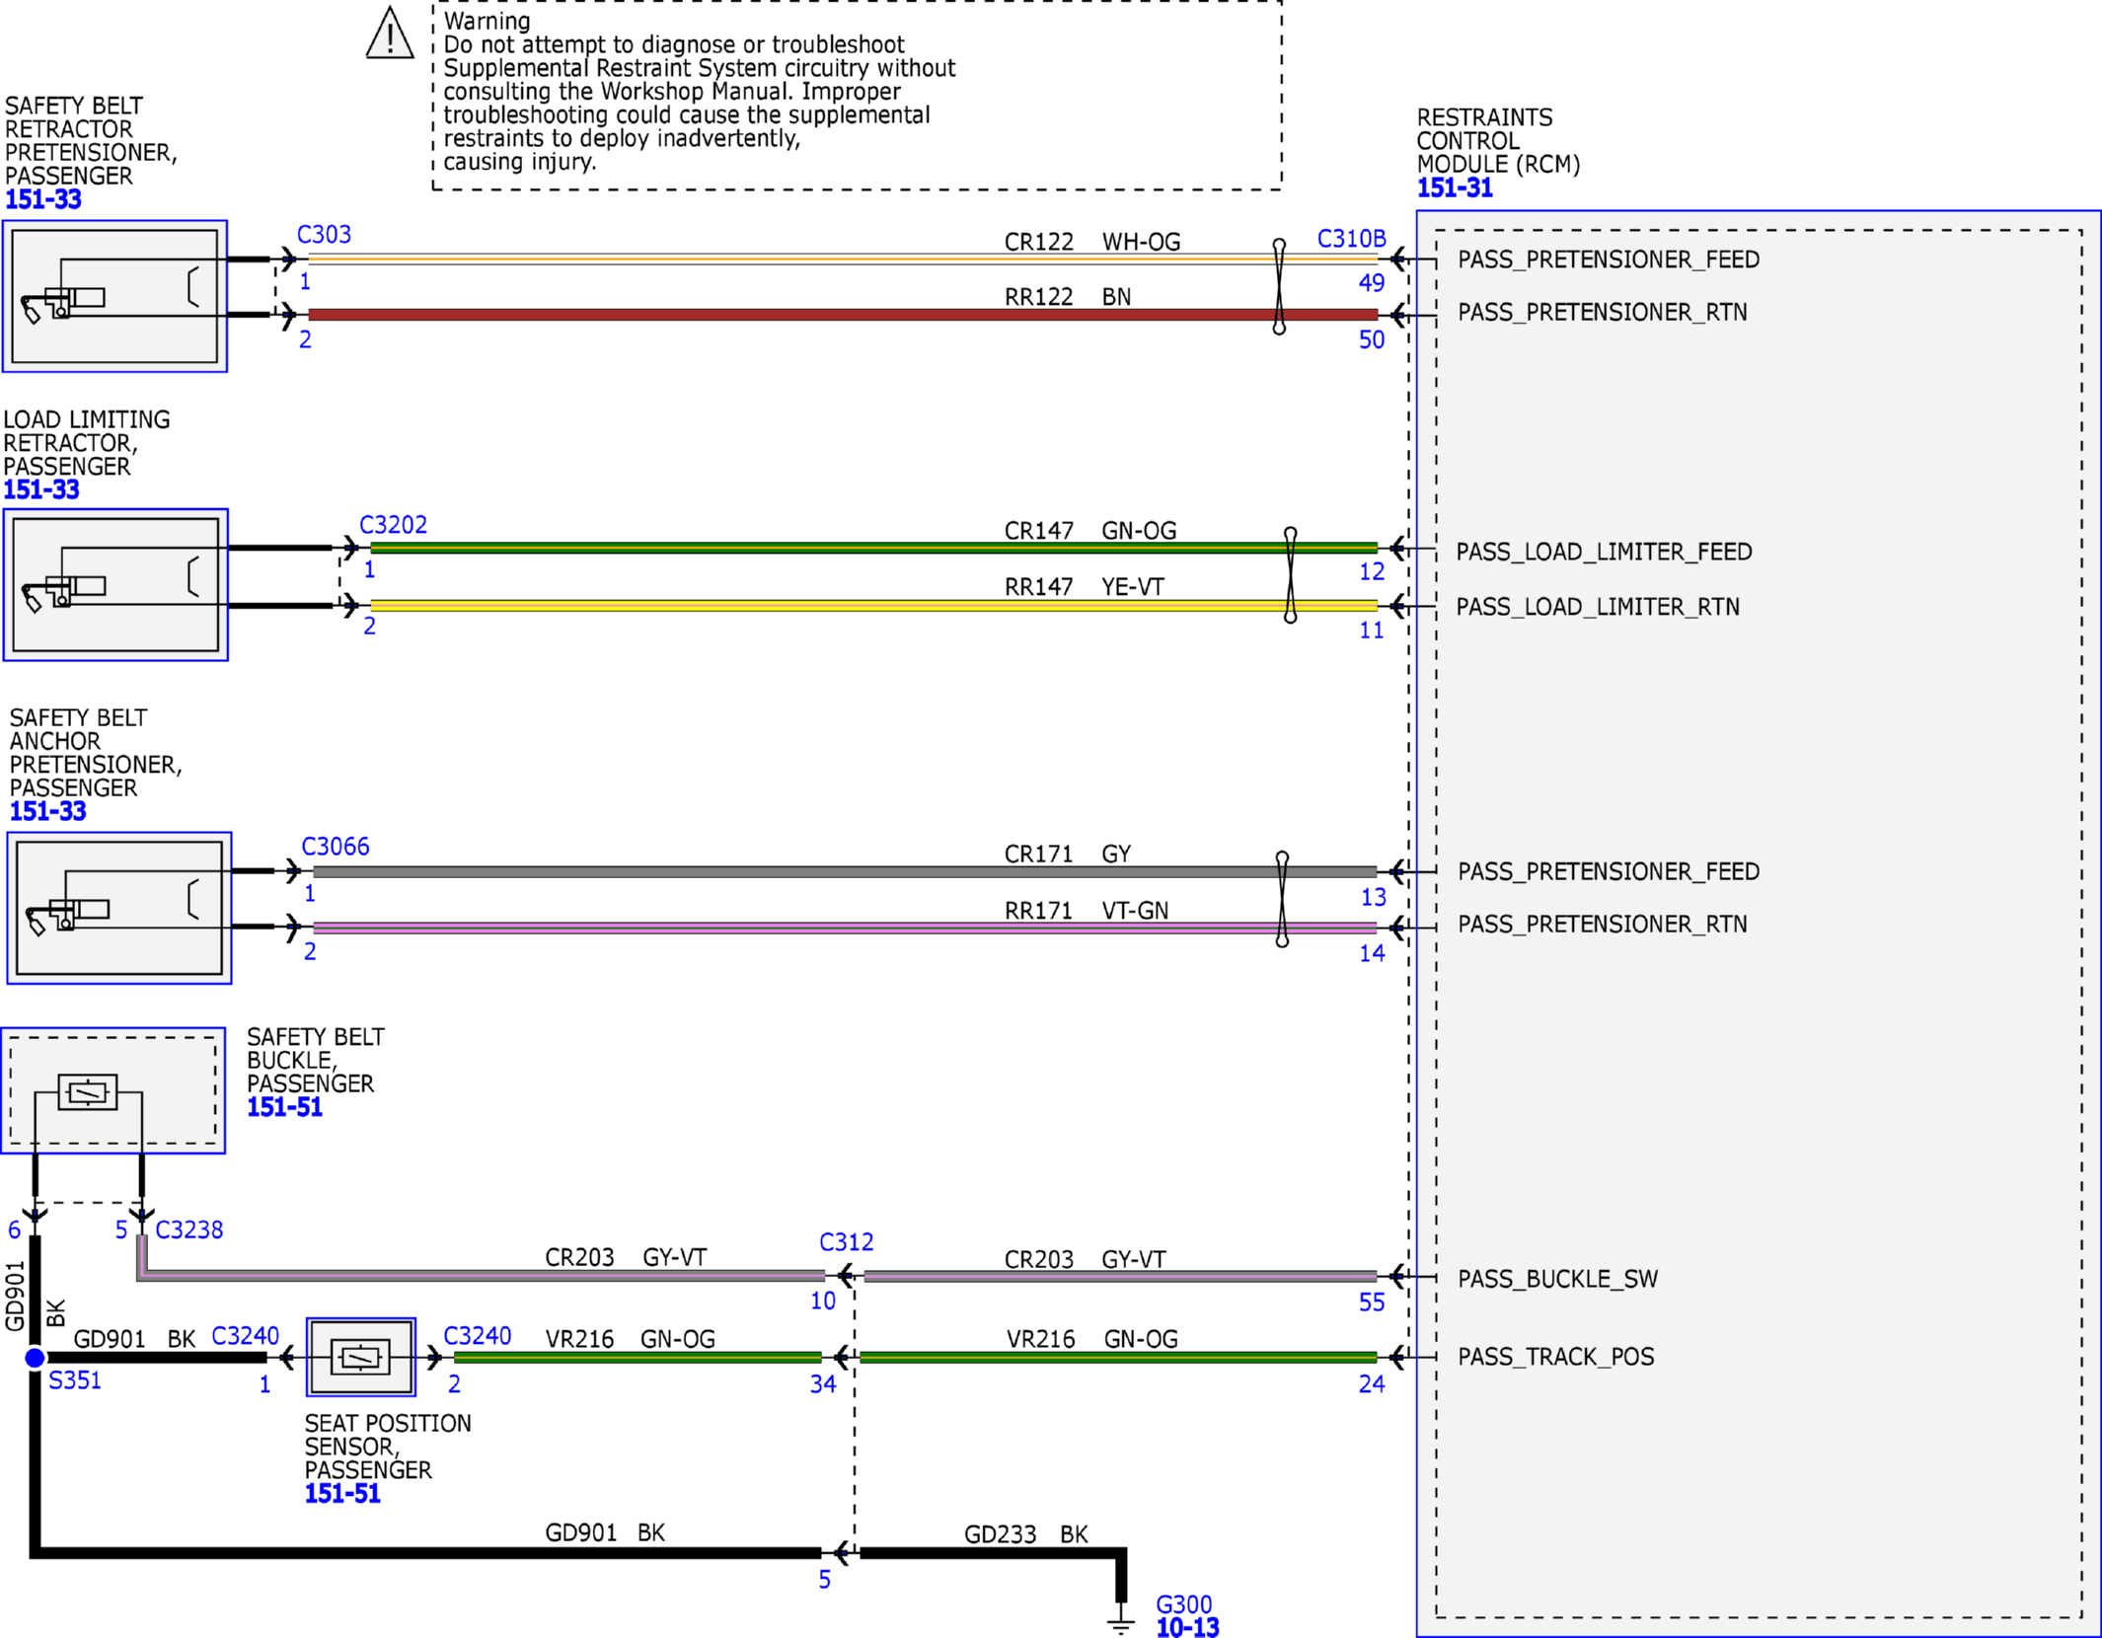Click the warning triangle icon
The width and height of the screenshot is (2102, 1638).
[390, 34]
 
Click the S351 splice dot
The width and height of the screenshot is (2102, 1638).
[35, 1358]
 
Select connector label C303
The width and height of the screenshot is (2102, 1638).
[324, 235]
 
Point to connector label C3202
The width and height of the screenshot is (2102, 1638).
[393, 525]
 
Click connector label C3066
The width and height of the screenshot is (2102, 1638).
[336, 847]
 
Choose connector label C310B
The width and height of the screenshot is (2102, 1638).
[1351, 239]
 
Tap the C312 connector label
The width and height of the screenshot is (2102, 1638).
[846, 1242]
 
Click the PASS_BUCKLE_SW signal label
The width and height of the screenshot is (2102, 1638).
[1557, 1279]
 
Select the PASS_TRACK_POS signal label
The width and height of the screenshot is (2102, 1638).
[1555, 1357]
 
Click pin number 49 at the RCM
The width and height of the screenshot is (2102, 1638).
[1372, 283]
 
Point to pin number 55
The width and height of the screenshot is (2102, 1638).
[1372, 1303]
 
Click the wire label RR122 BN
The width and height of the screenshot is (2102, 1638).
[1068, 297]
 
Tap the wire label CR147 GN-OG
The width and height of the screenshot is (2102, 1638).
[1090, 531]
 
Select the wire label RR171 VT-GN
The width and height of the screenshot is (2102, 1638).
[1087, 911]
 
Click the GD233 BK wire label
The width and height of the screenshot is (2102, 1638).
[1025, 1534]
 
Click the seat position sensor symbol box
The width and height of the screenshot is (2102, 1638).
[360, 1357]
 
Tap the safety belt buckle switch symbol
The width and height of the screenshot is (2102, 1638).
[88, 1092]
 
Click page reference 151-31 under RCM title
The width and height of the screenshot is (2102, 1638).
[1454, 187]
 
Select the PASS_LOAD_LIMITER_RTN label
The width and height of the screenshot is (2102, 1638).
[1598, 607]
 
